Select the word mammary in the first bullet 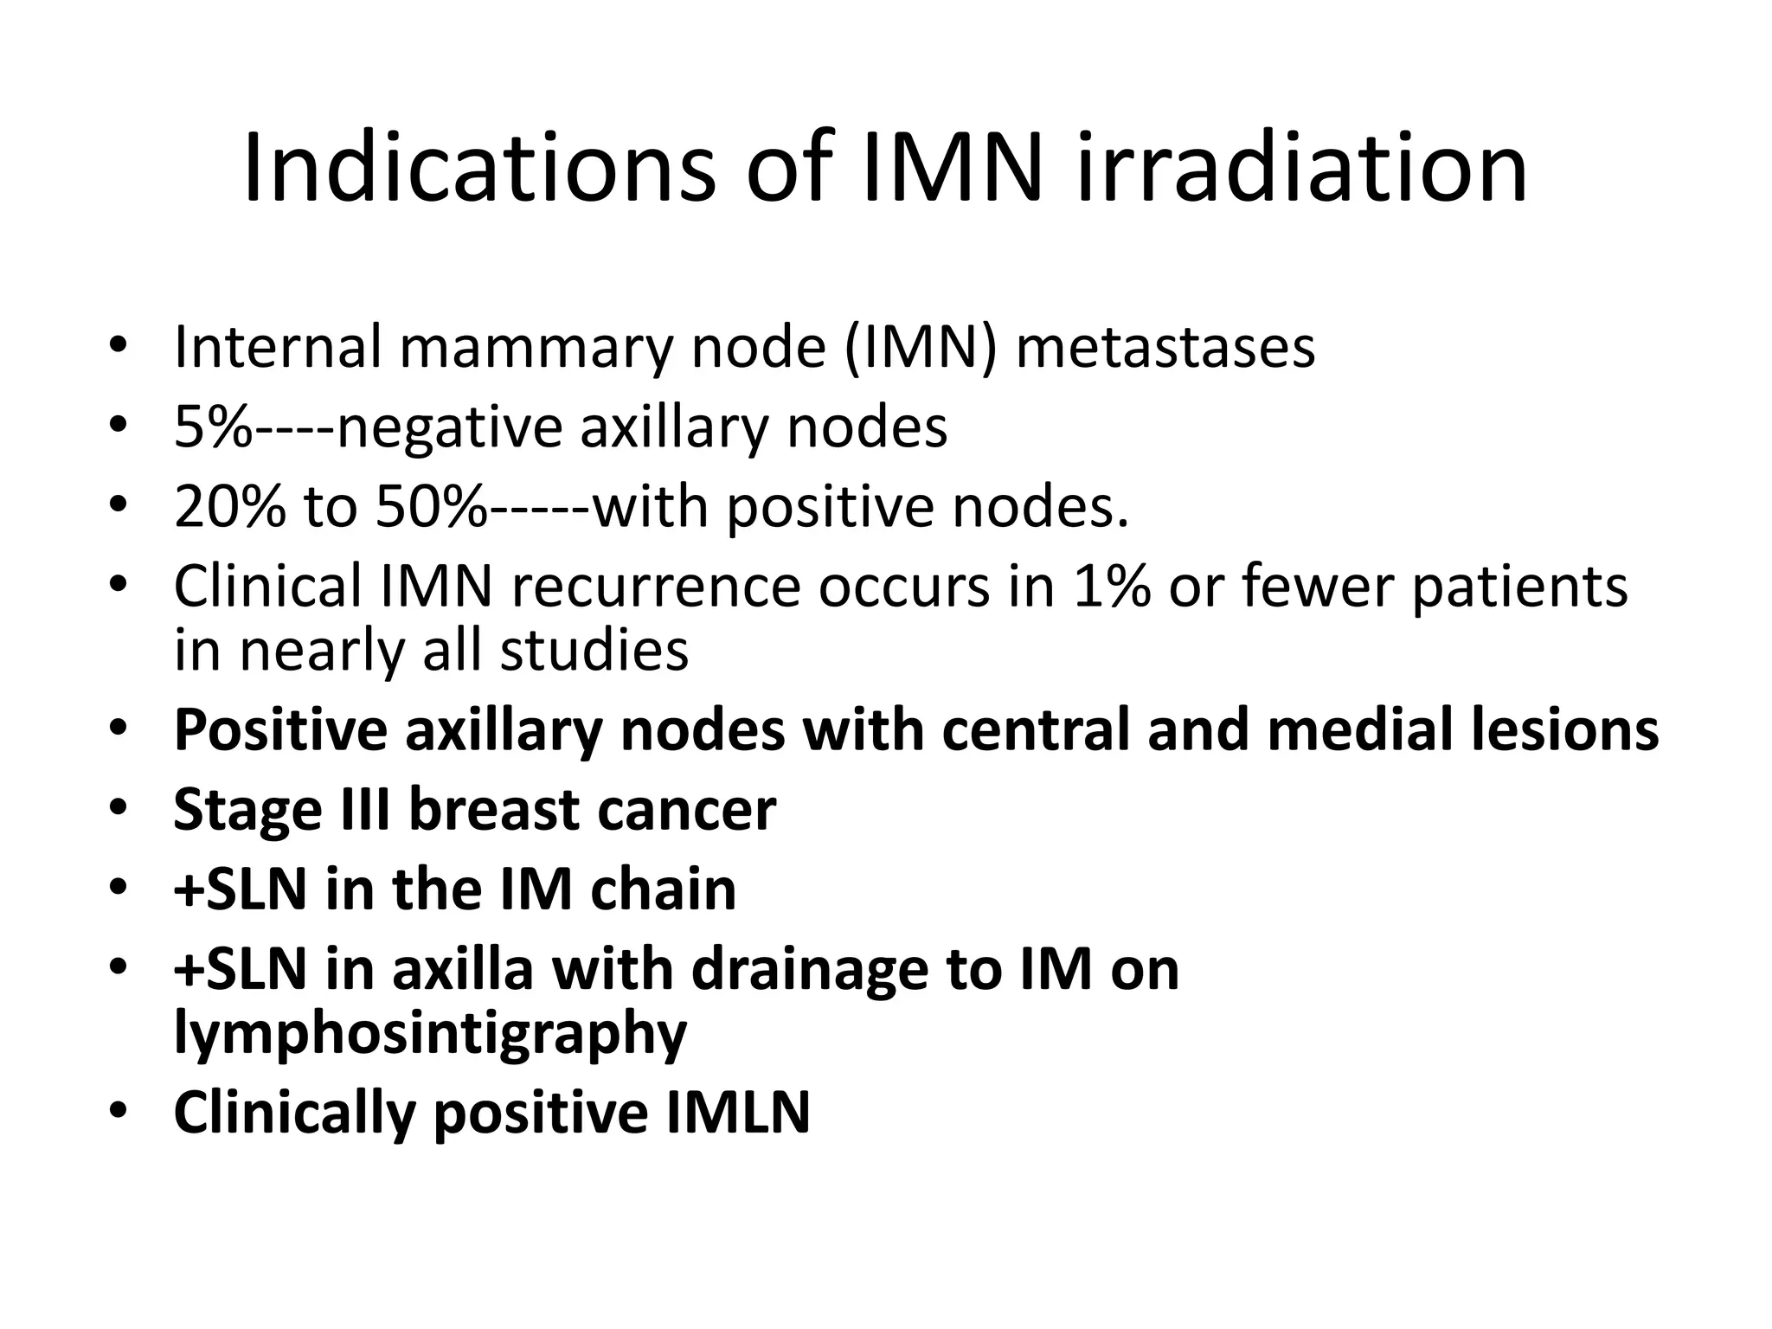535,347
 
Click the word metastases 1165,347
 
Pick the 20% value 228,506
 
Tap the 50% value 431,506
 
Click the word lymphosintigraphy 430,1033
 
